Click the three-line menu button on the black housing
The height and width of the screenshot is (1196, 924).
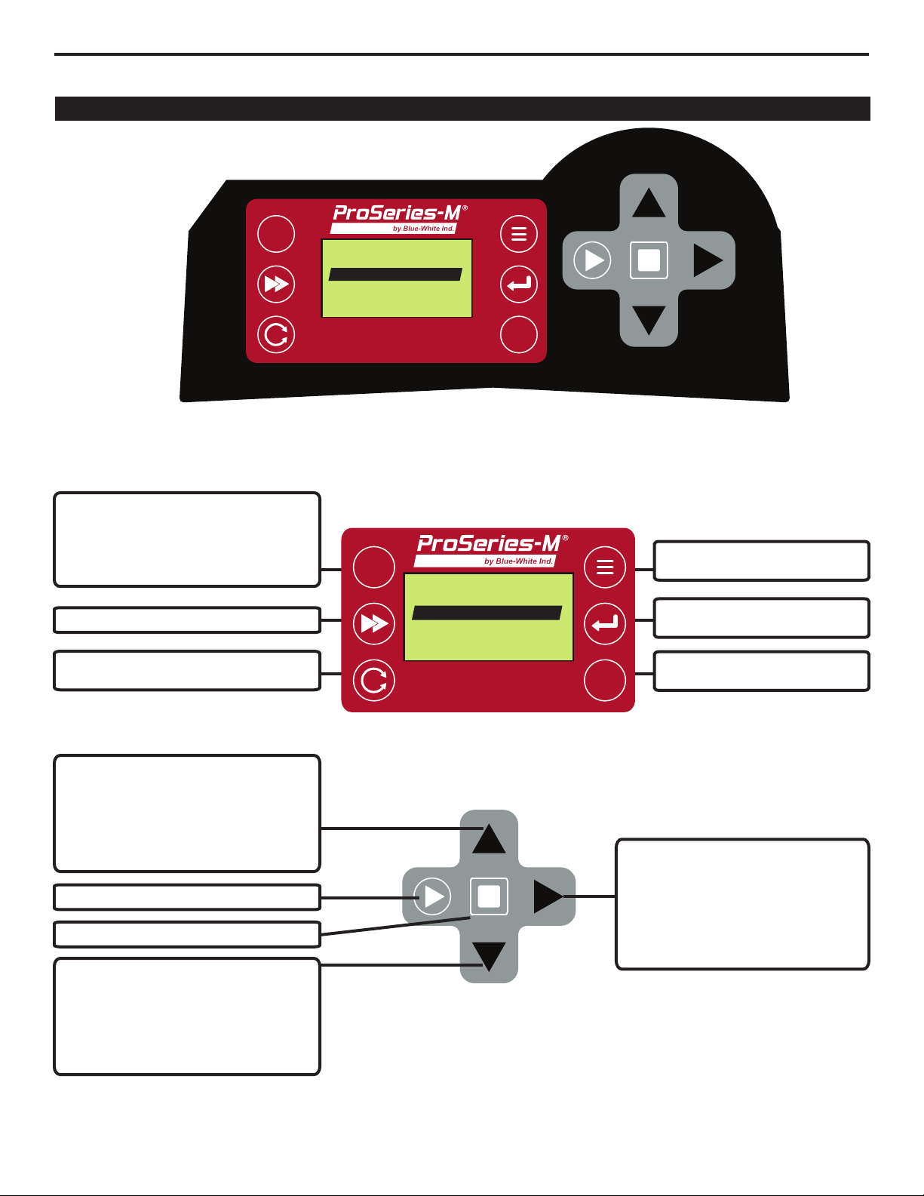(x=519, y=234)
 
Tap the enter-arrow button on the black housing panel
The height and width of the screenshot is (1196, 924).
(x=519, y=284)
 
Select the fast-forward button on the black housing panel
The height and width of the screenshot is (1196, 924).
(x=276, y=284)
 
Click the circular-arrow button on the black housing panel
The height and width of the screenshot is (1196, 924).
(x=276, y=334)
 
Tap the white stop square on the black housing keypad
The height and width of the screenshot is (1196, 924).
(x=649, y=260)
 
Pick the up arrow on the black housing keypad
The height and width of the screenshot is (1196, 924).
(x=649, y=202)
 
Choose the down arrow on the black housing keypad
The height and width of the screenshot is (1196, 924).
(x=649, y=321)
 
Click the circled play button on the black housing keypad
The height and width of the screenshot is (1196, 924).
(x=592, y=260)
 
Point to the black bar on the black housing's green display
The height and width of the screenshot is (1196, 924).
(x=395, y=275)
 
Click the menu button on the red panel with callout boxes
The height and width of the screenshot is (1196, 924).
(x=605, y=567)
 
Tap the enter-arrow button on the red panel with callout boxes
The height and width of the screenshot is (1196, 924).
(x=605, y=623)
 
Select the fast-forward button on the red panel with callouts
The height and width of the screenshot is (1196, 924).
(x=374, y=623)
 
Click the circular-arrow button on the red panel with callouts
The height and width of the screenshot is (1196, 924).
(x=374, y=681)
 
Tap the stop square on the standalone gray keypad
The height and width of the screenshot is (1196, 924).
(x=489, y=896)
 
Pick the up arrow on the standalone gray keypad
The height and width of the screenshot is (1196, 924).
(x=489, y=839)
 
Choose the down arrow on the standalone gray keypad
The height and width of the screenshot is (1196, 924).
(x=489, y=957)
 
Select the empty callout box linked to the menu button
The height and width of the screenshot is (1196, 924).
(x=762, y=561)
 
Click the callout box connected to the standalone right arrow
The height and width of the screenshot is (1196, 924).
(x=742, y=904)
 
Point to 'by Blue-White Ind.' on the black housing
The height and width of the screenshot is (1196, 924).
(x=423, y=229)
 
